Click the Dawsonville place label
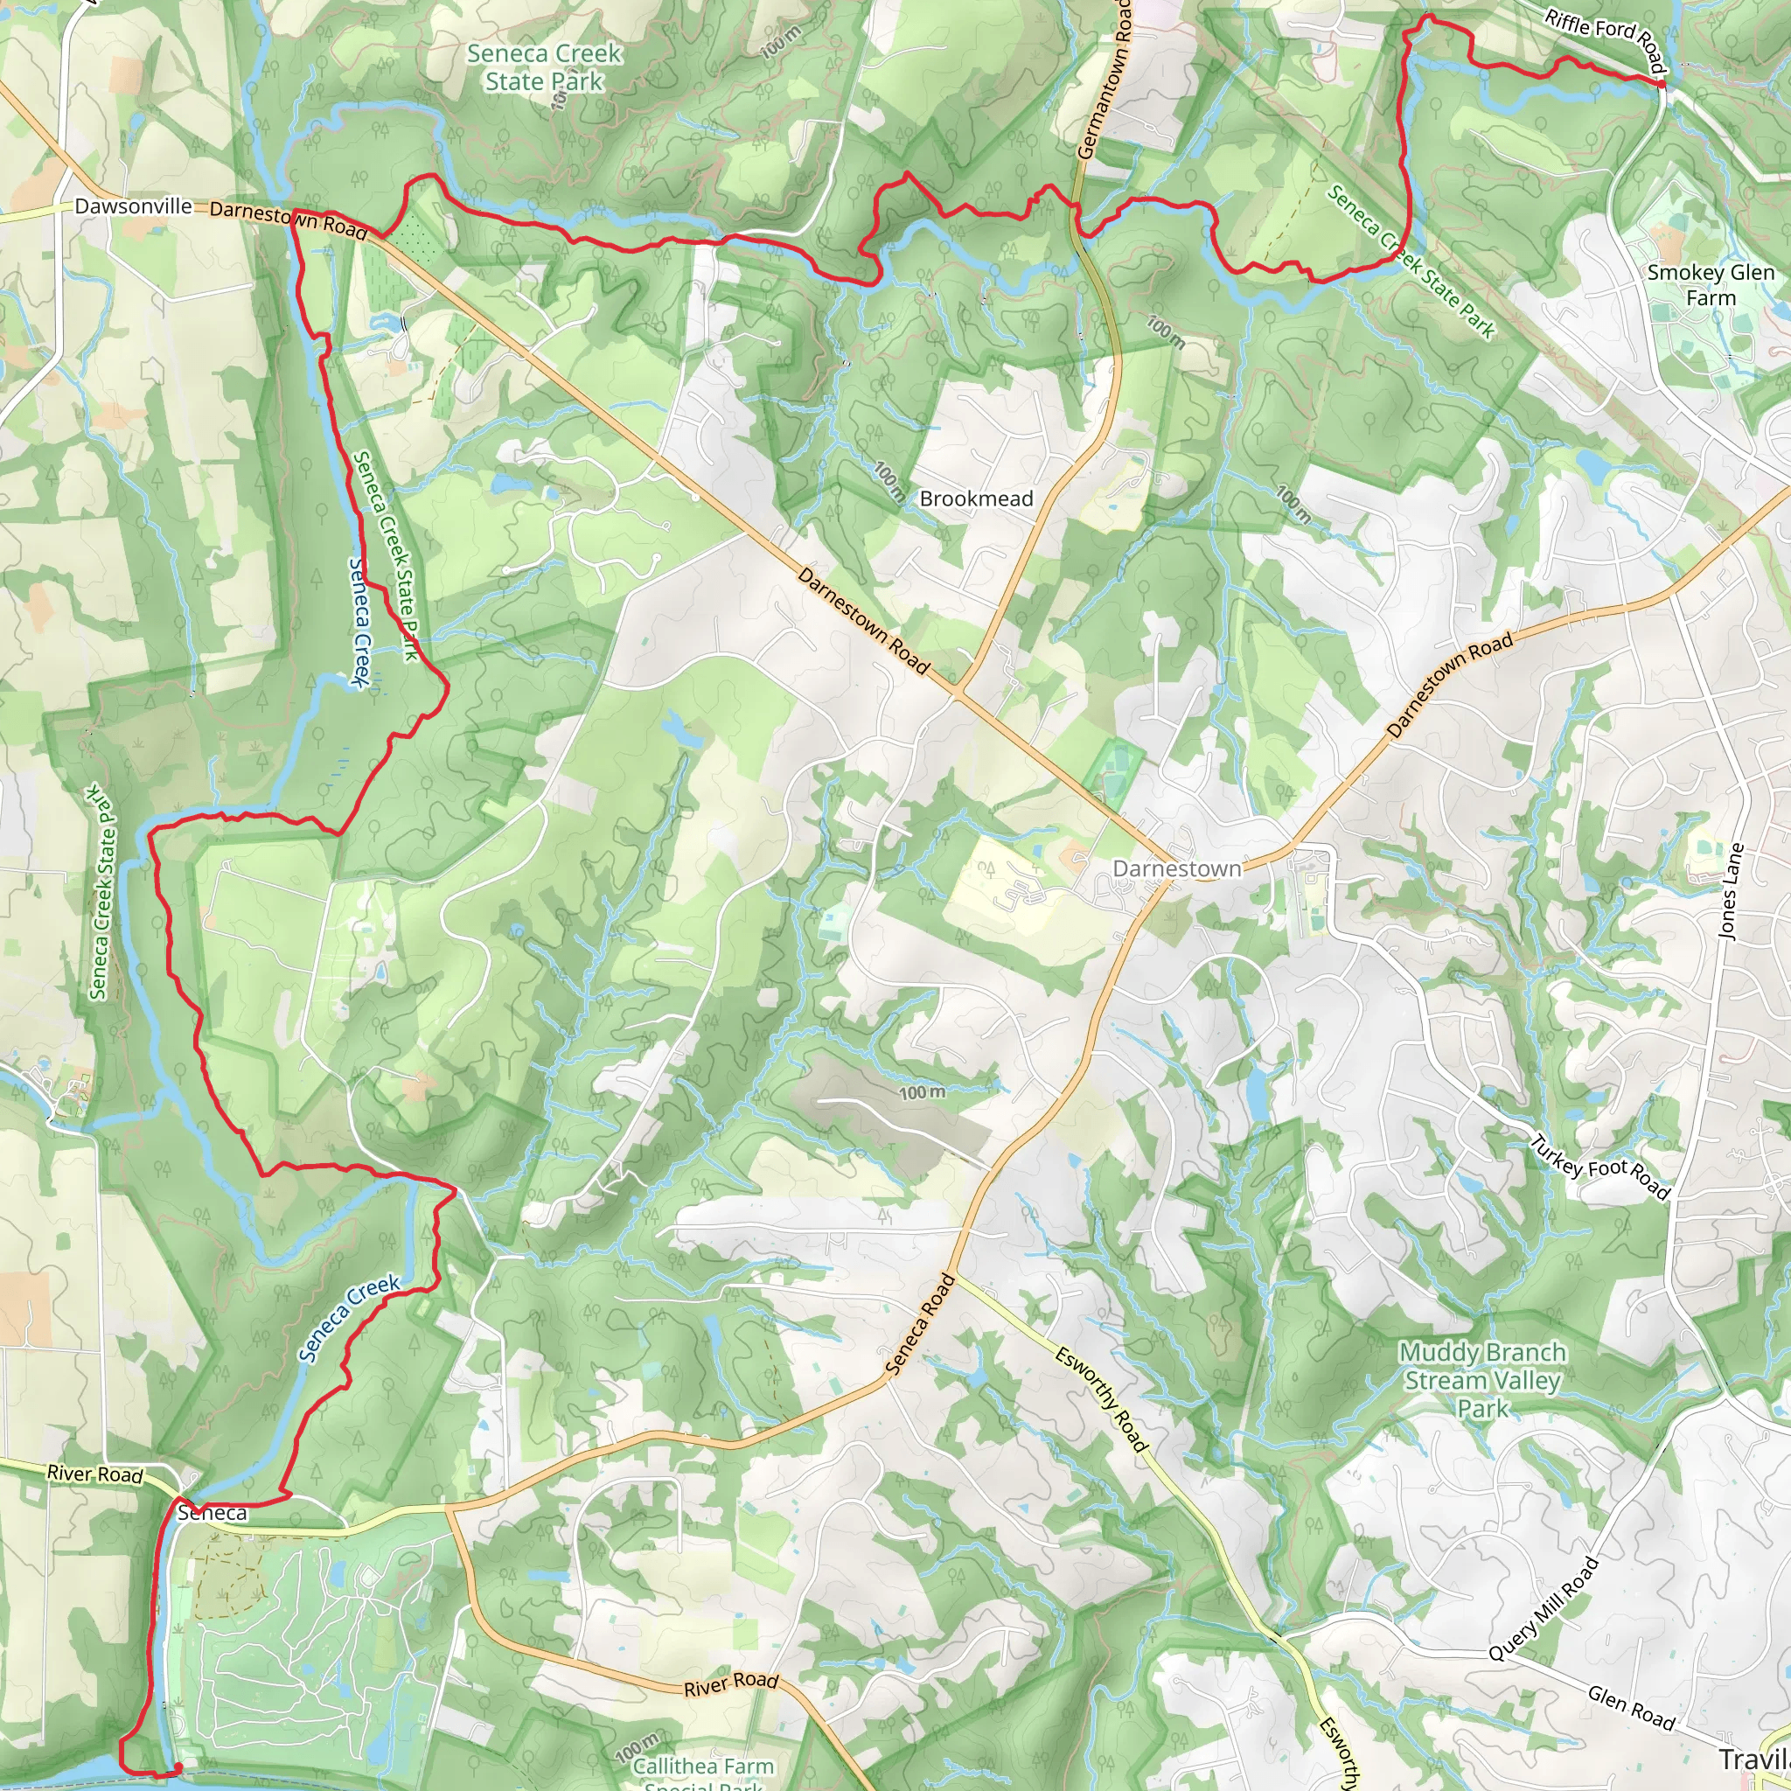[134, 206]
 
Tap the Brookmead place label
[976, 498]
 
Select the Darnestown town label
[1176, 868]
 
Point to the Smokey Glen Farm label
[1711, 284]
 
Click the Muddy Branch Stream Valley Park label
[1482, 1380]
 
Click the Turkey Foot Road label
[1599, 1167]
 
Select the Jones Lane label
[1731, 892]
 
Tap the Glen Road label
[1632, 1708]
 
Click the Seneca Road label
[920, 1324]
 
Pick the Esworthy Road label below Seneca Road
[1101, 1400]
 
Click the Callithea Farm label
[703, 1767]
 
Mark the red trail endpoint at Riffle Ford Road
[1662, 84]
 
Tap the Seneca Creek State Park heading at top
[544, 67]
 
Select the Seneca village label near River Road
[213, 1513]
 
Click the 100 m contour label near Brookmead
[889, 481]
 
